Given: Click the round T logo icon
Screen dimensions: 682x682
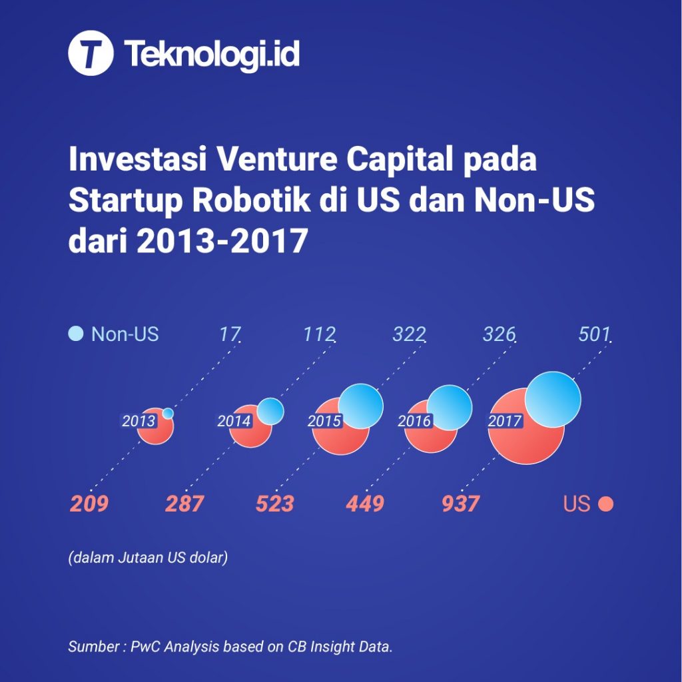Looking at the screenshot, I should [91, 54].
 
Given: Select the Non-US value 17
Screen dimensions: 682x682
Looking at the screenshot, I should [229, 334].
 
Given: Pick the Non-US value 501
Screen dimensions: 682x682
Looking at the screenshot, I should [594, 334].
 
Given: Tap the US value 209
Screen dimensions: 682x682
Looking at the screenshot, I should [89, 504].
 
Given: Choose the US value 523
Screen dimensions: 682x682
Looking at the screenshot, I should [274, 504].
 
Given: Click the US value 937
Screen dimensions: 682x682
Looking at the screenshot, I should [460, 504].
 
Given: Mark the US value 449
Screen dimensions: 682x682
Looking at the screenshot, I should [365, 504].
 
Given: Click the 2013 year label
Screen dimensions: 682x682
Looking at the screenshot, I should [139, 421].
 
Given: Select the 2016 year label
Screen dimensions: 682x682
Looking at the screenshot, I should [414, 421].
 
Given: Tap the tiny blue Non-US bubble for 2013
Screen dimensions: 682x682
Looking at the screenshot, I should [168, 414].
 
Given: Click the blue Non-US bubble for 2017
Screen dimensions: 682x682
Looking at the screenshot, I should [553, 400].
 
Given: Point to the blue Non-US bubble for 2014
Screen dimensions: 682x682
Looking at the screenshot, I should [270, 411].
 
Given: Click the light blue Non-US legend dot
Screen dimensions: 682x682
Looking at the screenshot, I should [77, 334].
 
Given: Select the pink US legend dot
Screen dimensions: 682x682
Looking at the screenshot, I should [605, 504].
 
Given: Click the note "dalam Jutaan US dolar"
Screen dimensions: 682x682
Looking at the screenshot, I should [148, 557].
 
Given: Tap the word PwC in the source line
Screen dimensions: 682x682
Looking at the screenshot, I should [149, 647].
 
